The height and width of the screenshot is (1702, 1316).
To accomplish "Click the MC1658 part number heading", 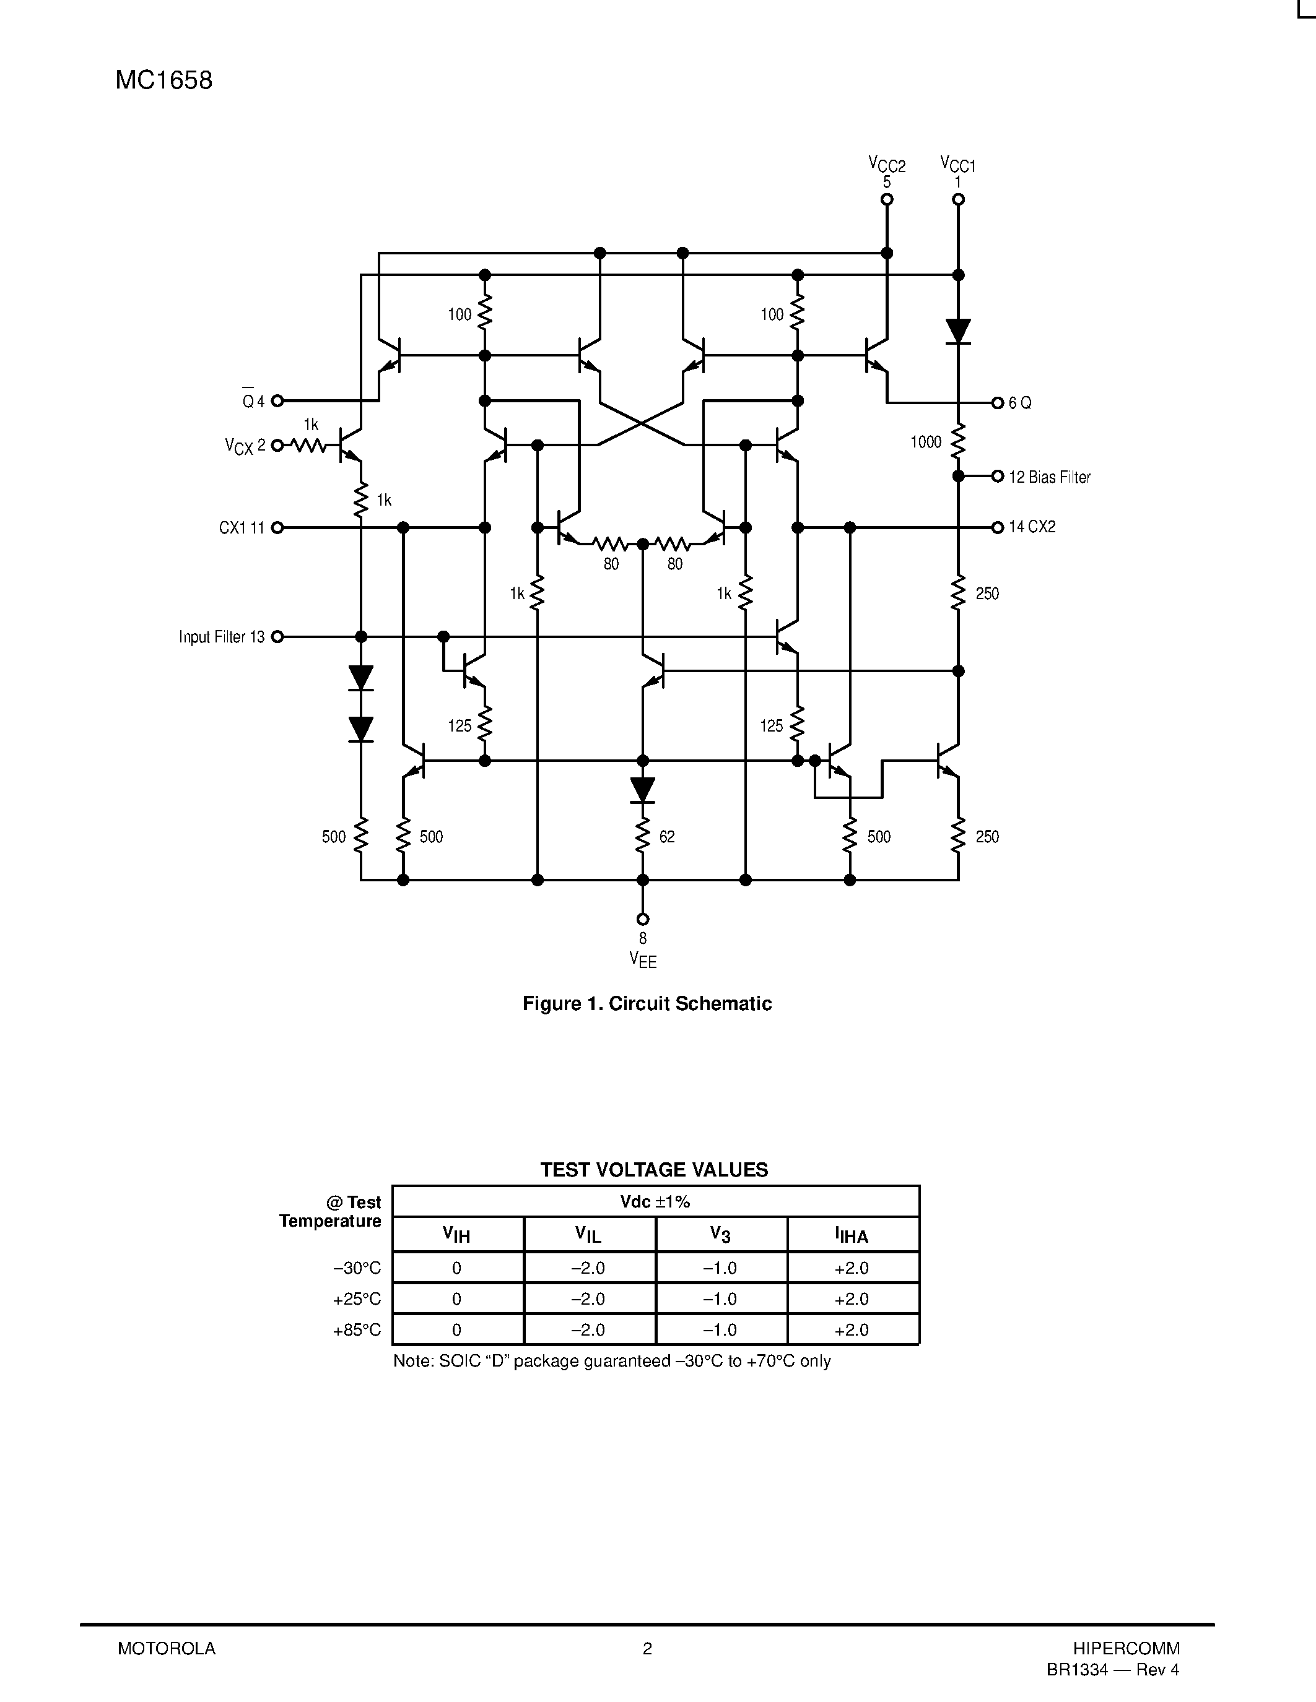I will (x=163, y=80).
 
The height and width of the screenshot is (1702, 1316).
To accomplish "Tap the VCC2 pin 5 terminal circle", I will (x=886, y=199).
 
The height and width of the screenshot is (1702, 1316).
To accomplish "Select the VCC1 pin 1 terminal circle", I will (x=958, y=199).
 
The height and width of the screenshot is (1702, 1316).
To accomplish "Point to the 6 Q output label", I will (x=1020, y=403).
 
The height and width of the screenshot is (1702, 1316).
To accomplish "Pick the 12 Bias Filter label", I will (x=1049, y=477).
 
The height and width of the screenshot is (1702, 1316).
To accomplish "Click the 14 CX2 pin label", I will (x=1032, y=527).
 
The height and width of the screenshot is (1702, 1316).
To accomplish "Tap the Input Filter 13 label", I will (x=222, y=637).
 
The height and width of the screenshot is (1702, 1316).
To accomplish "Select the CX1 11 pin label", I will (x=242, y=527).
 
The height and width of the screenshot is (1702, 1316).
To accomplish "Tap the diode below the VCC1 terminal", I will (x=958, y=330).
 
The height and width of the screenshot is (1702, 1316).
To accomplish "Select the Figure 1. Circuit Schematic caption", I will (x=647, y=1004).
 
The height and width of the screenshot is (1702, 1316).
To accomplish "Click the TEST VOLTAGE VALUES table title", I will (x=654, y=1170).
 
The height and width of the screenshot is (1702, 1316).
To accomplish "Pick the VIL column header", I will (x=588, y=1235).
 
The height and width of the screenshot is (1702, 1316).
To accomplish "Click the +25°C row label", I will (x=357, y=1299).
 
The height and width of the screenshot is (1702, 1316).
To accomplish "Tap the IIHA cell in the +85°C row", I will (x=852, y=1329).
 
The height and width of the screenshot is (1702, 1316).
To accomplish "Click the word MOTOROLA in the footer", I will (x=166, y=1648).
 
